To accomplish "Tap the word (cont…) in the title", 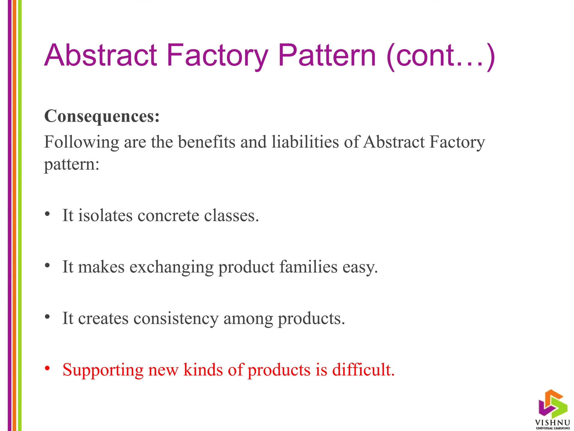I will (440, 56).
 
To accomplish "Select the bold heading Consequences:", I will (102, 116).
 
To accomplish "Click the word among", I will (248, 318).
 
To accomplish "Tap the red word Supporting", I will (103, 370).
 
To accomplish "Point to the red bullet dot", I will (47, 368).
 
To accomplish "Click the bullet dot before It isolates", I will (47, 214).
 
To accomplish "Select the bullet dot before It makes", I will (47, 265).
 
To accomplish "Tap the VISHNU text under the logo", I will (552, 423).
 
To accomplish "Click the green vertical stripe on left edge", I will (20, 215).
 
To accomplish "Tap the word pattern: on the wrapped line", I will (72, 164).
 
